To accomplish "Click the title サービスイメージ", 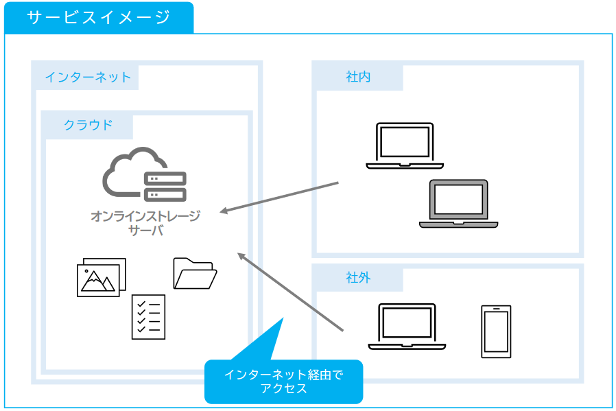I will (98, 18).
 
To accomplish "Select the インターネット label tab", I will (87, 77).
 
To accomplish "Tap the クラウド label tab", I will (88, 125).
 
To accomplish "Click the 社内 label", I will (358, 77).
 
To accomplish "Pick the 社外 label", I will (358, 278).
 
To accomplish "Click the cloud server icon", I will (145, 174).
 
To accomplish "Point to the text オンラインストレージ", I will (145, 216).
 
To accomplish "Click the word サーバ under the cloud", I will (145, 231).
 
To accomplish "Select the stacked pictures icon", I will (102, 277).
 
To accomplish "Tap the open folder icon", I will (195, 273).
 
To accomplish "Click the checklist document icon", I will (148, 316).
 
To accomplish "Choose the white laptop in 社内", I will (405, 145).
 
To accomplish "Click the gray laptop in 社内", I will (458, 204).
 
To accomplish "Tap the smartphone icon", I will (495, 331).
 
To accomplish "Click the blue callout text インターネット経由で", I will (283, 375).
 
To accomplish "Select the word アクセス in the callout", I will (283, 388).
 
